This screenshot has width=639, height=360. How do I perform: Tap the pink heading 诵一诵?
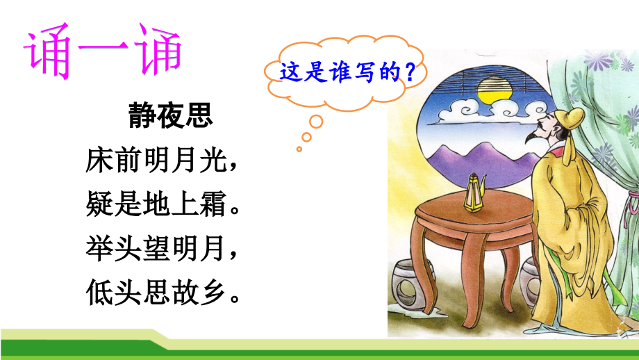(x=103, y=52)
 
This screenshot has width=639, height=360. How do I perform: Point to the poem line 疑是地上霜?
(x=159, y=205)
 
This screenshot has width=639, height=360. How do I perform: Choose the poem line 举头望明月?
(x=159, y=249)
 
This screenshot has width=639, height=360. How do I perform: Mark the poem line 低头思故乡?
(x=159, y=293)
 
